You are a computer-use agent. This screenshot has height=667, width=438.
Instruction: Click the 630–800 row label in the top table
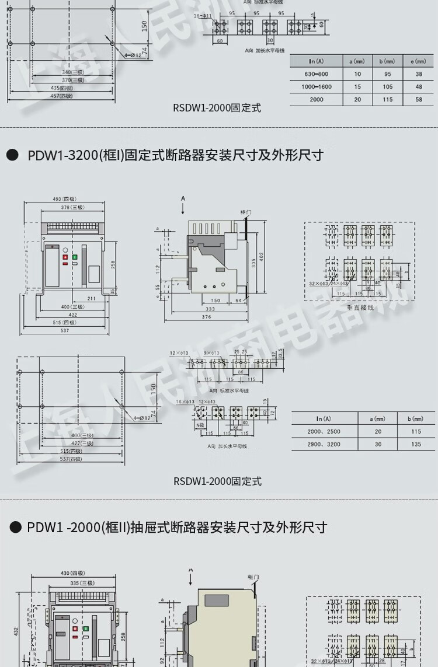point(316,74)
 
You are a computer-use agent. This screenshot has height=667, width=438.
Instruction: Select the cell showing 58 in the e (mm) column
point(419,100)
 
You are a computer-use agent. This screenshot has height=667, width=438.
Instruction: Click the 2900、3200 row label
point(324,444)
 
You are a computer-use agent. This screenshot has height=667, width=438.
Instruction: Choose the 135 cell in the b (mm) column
point(416,444)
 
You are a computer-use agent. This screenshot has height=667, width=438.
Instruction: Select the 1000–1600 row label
point(316,87)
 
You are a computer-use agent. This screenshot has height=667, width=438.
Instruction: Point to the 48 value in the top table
point(419,87)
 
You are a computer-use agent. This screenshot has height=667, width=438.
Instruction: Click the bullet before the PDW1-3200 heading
point(12,155)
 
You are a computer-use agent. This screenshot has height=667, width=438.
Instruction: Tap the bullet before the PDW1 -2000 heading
point(16,528)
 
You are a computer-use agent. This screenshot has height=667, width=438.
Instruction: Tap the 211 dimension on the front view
point(92,299)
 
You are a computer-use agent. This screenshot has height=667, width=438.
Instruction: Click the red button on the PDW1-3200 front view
point(65,257)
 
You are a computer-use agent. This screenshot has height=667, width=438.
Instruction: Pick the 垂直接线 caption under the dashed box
point(360,308)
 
